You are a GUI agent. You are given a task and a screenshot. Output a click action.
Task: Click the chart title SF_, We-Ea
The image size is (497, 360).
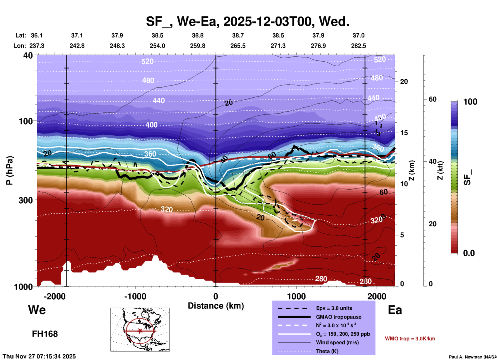point(247,21)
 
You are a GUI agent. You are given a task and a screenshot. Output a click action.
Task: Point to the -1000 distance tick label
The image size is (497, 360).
point(135,296)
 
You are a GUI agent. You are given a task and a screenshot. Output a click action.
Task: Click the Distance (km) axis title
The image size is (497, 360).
point(216,306)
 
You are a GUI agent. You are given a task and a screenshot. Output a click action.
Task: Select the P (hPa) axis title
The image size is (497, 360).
point(10,170)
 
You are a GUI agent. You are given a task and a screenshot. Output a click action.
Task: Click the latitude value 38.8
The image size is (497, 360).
point(198,35)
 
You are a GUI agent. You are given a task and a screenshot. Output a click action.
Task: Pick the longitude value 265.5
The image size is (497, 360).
point(238,46)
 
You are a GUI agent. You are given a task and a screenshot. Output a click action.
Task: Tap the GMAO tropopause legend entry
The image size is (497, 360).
point(339,317)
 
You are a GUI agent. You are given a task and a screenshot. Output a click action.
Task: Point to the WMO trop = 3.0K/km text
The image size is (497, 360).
point(410,339)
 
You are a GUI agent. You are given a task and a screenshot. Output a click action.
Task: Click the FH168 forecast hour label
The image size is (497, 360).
point(45,334)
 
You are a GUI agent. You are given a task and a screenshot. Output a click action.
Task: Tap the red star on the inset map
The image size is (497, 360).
point(140,331)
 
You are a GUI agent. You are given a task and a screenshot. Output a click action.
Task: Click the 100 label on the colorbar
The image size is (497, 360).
point(470,102)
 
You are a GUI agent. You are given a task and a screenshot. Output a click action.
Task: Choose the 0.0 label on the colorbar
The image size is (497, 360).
point(469,253)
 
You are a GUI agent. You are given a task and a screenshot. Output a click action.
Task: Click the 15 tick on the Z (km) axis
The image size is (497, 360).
point(404,133)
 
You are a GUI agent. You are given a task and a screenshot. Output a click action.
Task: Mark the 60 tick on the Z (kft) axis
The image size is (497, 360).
point(432,99)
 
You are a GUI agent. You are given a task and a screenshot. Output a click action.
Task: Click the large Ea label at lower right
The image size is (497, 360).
point(395,310)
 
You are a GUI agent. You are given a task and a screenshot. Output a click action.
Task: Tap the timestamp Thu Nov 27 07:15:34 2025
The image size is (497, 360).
point(39,356)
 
